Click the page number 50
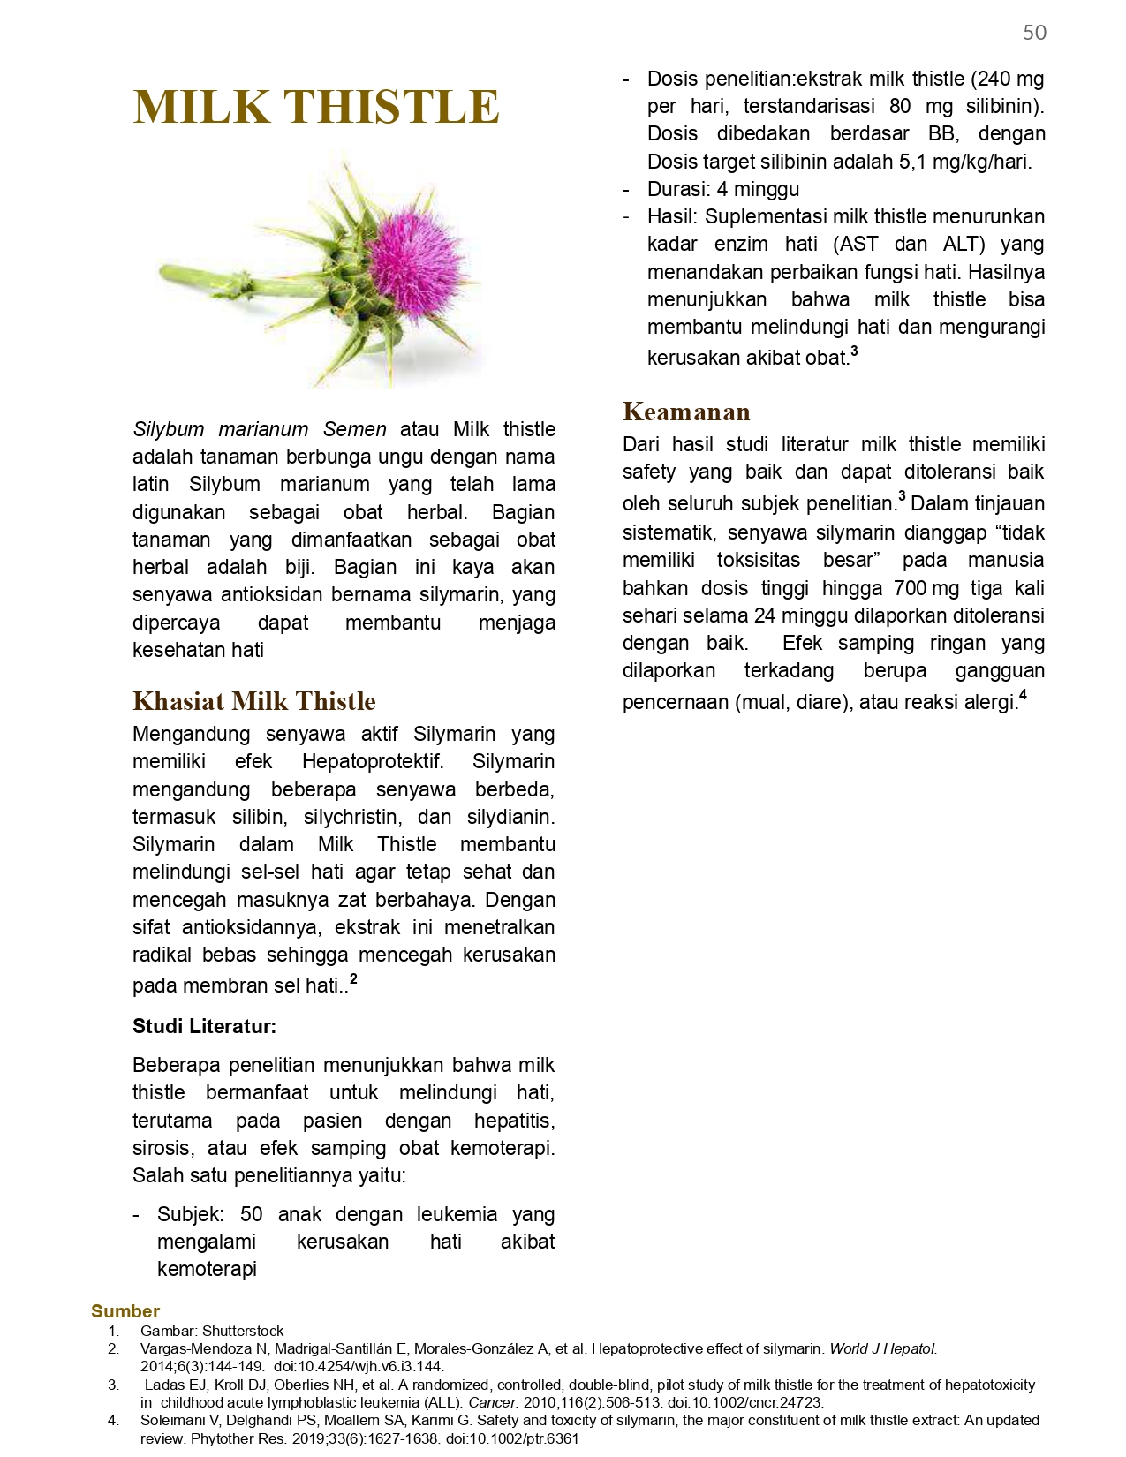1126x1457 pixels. point(1034,33)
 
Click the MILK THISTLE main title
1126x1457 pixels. point(316,107)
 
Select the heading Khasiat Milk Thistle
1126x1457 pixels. point(254,701)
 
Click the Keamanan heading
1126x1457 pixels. point(686,411)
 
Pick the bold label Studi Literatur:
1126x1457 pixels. point(204,1026)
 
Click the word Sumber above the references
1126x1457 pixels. point(125,1311)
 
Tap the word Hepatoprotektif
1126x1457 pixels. point(373,762)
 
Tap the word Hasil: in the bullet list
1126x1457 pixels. point(672,217)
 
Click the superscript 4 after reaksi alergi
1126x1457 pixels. point(1023,695)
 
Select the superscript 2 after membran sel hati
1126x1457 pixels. point(353,978)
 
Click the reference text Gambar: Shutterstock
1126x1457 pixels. point(212,1331)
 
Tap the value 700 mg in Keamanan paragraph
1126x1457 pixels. point(926,588)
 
